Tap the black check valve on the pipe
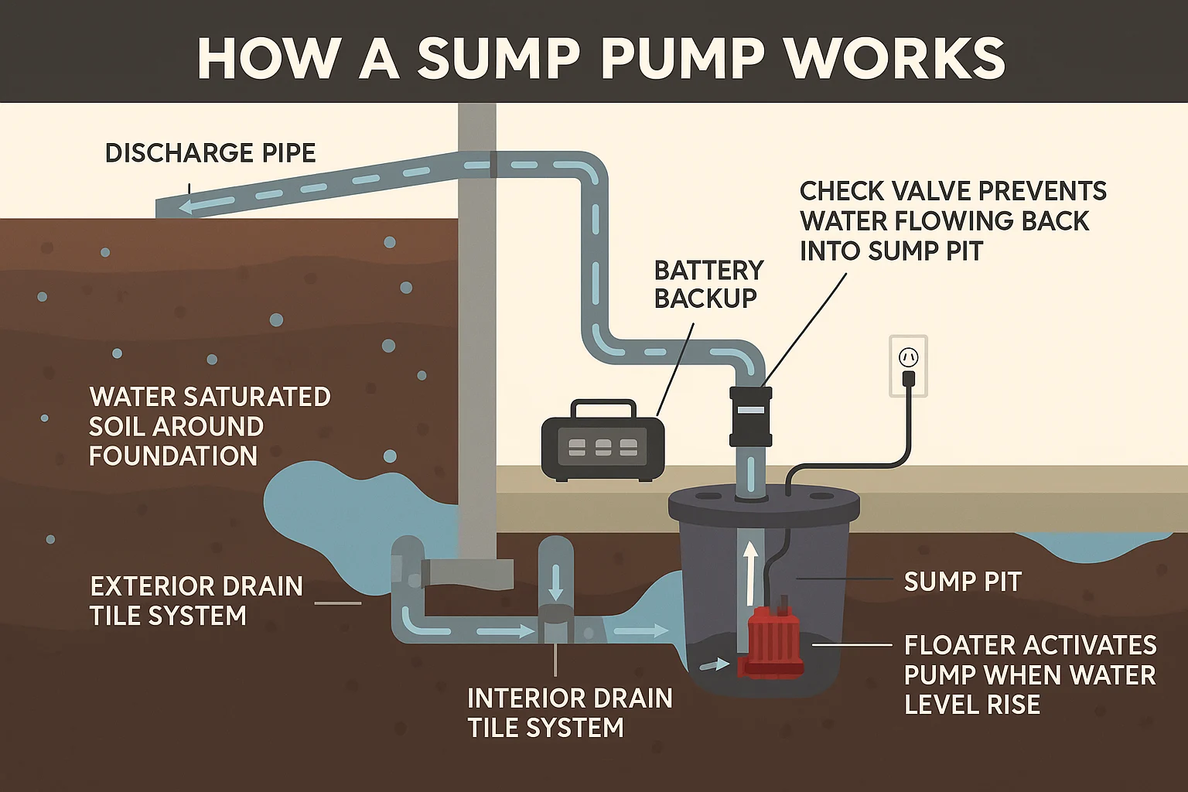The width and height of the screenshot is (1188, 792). click(750, 416)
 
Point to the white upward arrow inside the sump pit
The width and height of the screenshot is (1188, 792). click(749, 572)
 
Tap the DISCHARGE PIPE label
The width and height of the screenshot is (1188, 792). click(210, 153)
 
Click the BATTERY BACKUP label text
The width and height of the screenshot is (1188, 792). click(708, 284)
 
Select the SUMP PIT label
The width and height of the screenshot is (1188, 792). click(962, 582)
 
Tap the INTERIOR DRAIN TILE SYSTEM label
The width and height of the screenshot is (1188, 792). click(569, 712)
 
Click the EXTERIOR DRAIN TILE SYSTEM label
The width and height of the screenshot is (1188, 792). click(196, 601)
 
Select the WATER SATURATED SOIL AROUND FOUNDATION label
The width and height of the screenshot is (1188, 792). click(209, 426)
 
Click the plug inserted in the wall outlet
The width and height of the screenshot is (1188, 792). click(909, 378)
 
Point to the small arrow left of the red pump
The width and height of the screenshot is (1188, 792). click(715, 664)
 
